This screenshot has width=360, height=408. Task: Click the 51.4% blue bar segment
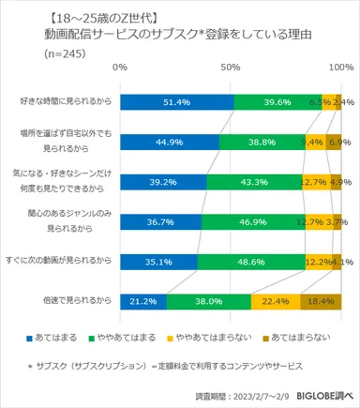point(176,101)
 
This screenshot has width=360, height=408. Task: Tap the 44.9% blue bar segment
point(170,142)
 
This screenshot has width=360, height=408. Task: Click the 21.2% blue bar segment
point(143,301)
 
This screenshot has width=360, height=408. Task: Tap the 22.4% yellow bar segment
point(276,301)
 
